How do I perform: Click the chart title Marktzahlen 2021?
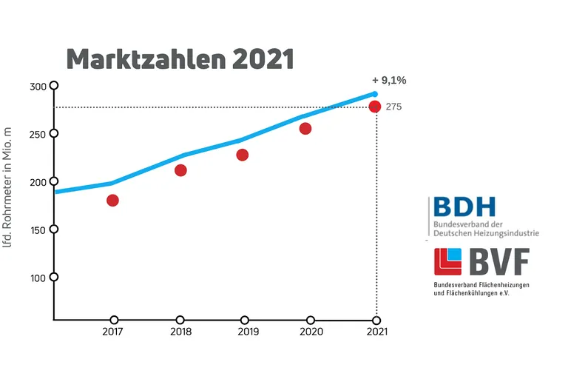[180, 59]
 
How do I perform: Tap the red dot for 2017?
[112, 200]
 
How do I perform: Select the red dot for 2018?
[180, 170]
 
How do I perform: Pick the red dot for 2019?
[242, 155]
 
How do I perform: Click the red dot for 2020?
[305, 129]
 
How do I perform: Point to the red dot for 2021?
[375, 107]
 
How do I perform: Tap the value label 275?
[393, 107]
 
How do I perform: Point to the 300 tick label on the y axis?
[38, 87]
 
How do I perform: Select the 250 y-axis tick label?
[38, 134]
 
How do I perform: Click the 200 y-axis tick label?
[38, 182]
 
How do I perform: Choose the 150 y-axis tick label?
[38, 229]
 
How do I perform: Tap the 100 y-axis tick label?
[38, 278]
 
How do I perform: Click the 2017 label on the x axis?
[112, 332]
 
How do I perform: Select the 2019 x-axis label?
[248, 332]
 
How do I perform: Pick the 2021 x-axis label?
[376, 332]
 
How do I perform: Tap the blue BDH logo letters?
[464, 207]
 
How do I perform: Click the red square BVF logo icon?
[447, 261]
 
